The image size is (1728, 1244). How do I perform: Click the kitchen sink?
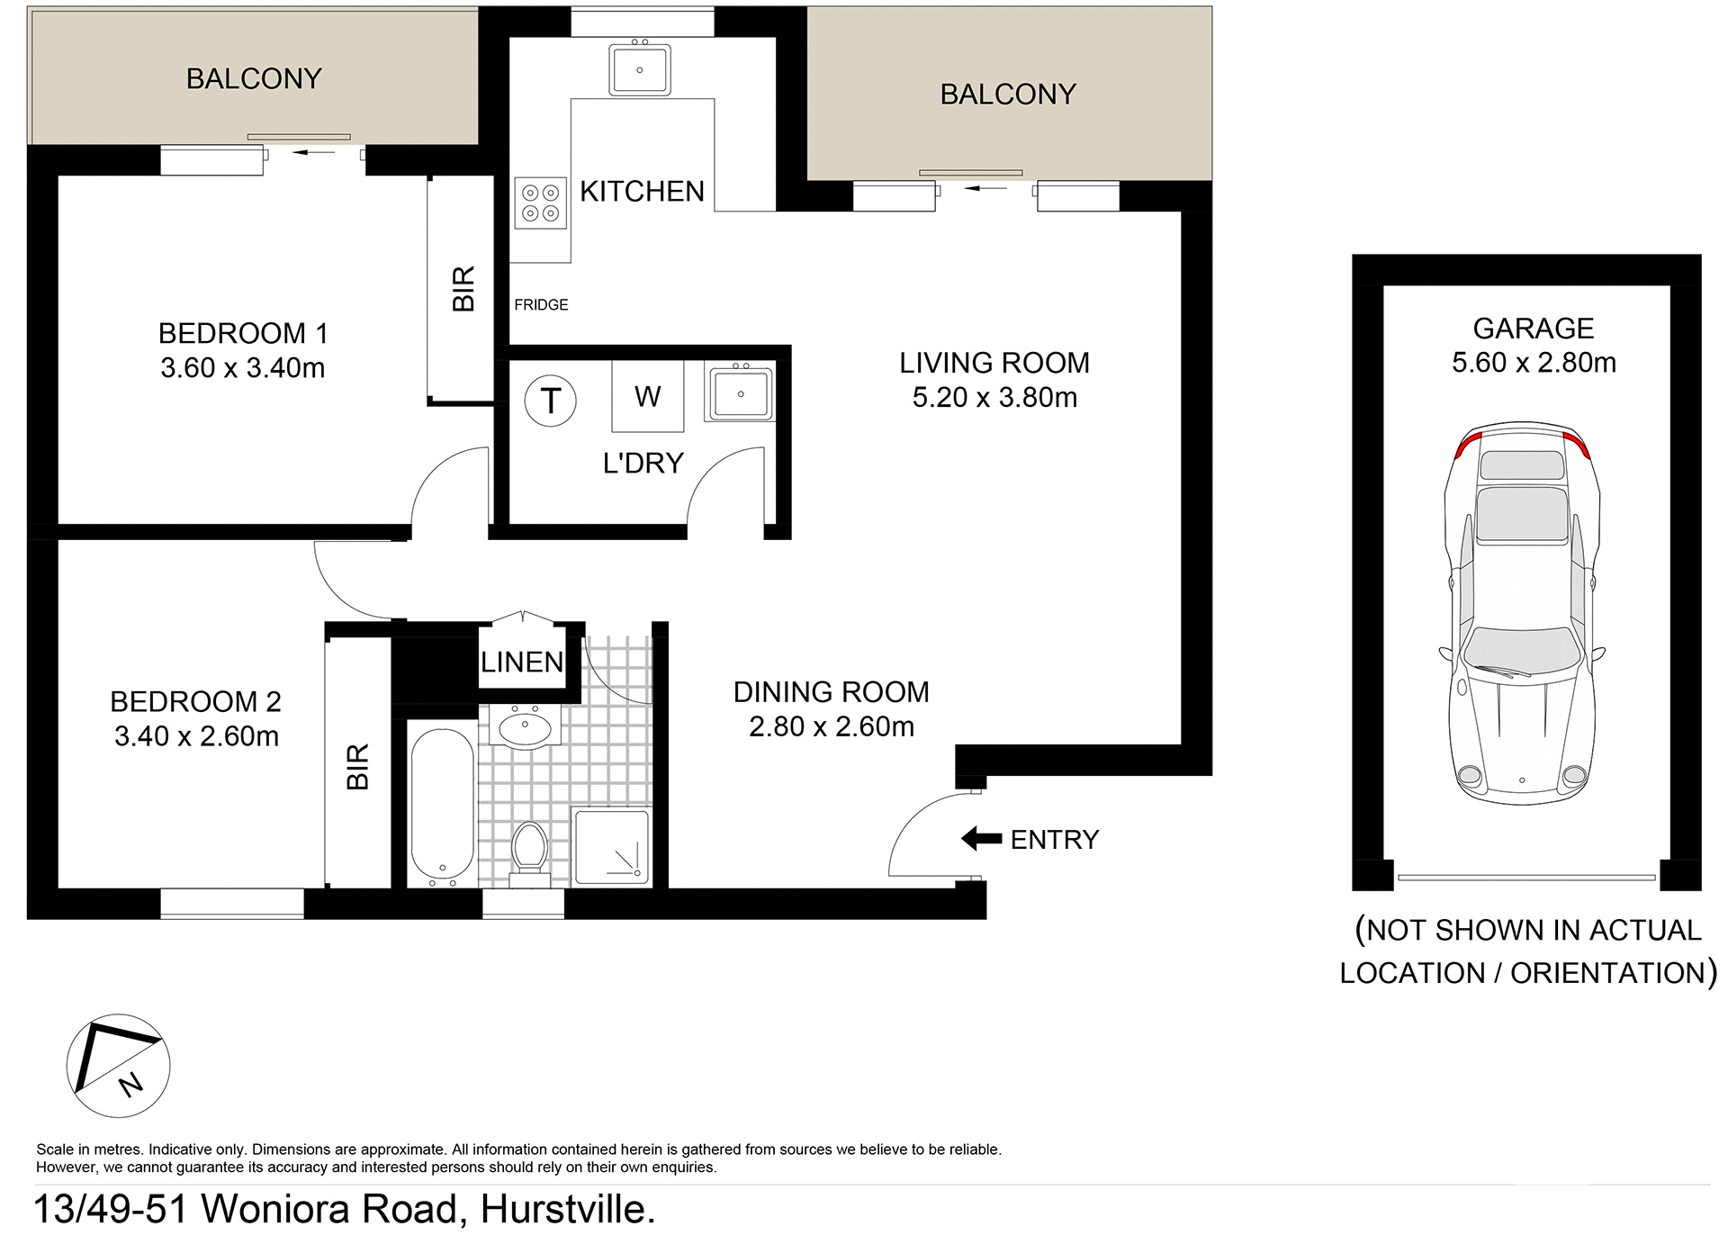pos(639,69)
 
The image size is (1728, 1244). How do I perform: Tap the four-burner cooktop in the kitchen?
pos(540,203)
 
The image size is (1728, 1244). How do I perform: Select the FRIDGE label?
pos(541,305)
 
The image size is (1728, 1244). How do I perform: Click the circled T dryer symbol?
pos(550,401)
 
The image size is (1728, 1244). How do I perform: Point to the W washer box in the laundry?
pos(647,396)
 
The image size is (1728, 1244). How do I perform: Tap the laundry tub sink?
pos(740,393)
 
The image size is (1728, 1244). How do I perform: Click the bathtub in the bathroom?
pos(442,806)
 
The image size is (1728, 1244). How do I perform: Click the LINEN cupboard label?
pos(522,663)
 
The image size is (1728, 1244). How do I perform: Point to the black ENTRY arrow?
pos(981,839)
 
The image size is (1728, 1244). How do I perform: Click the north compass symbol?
pos(118,1066)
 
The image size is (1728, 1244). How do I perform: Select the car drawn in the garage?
pos(1521,612)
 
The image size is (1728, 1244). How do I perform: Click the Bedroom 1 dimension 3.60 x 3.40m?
pos(242,368)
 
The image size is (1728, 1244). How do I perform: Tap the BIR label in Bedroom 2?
pos(358,766)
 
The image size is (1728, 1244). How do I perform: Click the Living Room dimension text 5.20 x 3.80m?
pos(994,398)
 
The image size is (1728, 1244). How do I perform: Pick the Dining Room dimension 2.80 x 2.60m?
pos(831,726)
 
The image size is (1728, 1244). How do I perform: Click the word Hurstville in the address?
pos(566,1210)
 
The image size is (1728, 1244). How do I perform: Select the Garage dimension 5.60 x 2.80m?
pos(1534,363)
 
